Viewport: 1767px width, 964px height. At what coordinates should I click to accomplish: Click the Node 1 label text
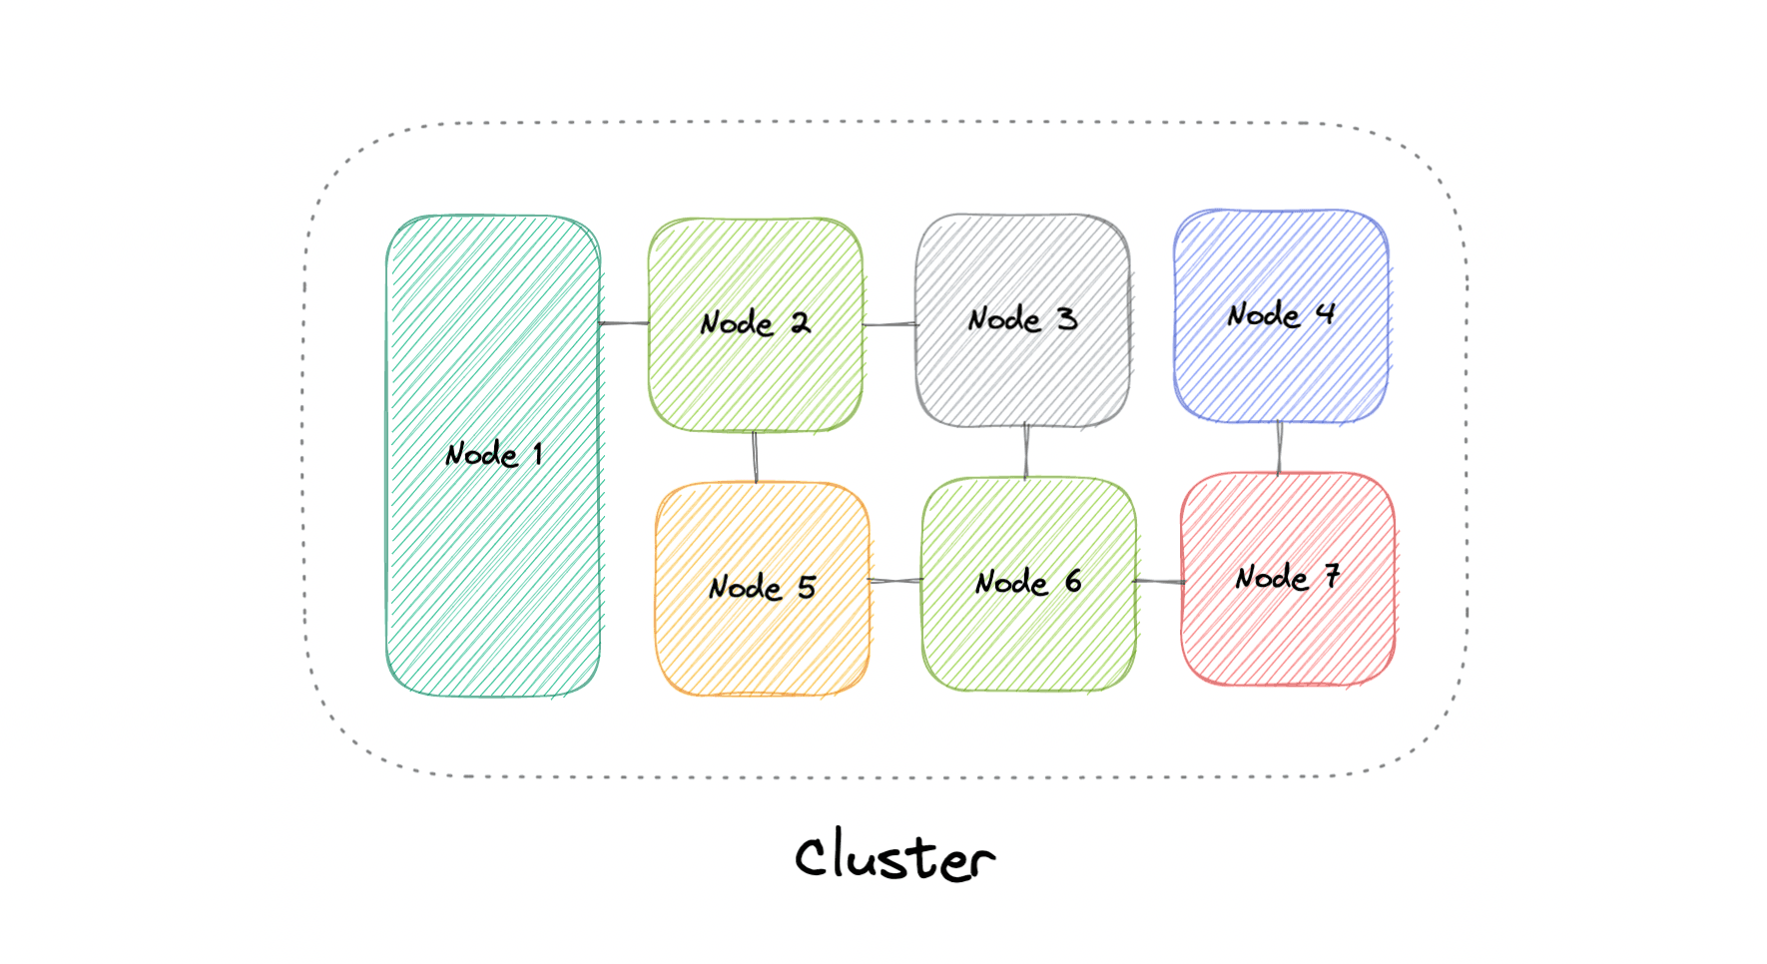(493, 455)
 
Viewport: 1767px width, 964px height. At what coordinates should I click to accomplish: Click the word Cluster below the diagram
(894, 856)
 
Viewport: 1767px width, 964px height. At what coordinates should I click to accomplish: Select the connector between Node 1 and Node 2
(624, 323)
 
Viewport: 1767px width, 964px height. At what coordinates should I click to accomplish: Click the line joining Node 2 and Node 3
(889, 324)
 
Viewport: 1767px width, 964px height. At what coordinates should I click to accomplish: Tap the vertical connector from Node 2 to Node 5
(755, 457)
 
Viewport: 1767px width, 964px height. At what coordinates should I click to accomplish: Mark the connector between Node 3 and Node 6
(1026, 451)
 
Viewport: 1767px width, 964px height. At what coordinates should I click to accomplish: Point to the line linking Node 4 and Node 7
(1280, 447)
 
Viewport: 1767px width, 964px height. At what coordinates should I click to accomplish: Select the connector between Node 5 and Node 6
(895, 581)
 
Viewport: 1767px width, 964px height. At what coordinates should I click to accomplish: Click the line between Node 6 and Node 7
(1159, 581)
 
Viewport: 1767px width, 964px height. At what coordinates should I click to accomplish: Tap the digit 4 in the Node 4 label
(1325, 313)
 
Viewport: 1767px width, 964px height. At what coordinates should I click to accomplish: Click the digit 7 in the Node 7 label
(1332, 576)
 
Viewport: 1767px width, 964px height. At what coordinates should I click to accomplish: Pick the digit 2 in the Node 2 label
(800, 322)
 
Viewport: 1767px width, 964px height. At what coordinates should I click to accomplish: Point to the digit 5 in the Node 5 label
(807, 587)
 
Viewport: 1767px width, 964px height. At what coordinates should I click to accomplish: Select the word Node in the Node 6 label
(1011, 583)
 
